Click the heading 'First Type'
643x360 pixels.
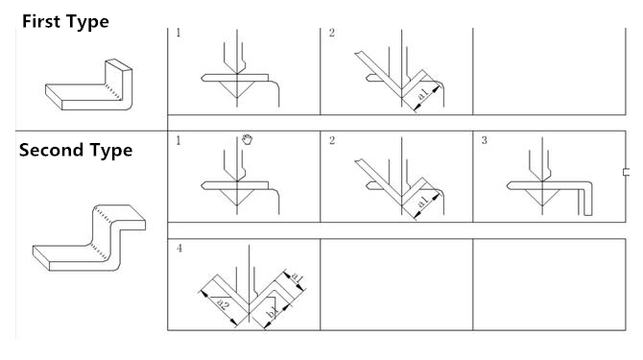pyautogui.click(x=65, y=22)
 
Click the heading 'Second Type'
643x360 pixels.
pyautogui.click(x=76, y=150)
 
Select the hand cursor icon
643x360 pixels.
pyautogui.click(x=247, y=139)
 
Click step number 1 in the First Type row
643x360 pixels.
pyautogui.click(x=178, y=33)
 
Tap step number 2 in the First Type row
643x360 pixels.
pyautogui.click(x=331, y=33)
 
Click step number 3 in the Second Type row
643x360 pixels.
pyautogui.click(x=484, y=140)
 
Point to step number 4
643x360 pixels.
pyautogui.click(x=179, y=248)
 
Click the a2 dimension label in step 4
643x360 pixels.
pyautogui.click(x=223, y=304)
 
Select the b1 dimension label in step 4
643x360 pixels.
pyautogui.click(x=273, y=313)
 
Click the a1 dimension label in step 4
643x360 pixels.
pyautogui.click(x=297, y=277)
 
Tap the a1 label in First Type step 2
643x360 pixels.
pyautogui.click(x=423, y=93)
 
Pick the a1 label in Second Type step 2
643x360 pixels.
pyautogui.click(x=423, y=201)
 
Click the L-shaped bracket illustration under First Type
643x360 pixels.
pyautogui.click(x=88, y=84)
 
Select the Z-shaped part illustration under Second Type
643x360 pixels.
pyautogui.click(x=89, y=238)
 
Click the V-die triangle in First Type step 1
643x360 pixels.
pyautogui.click(x=237, y=88)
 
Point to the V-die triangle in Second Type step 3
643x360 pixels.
pyautogui.click(x=542, y=197)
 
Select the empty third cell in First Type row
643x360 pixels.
pyautogui.click(x=549, y=71)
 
